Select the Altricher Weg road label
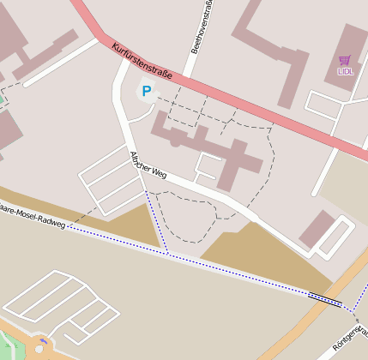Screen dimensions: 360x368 click(147, 165)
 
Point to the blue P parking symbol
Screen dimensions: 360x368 click(146, 90)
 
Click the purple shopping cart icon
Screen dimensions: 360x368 click(345, 60)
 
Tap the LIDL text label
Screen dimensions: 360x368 click(345, 71)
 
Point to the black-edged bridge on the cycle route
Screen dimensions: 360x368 click(324, 298)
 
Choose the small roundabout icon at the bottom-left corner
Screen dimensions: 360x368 click(41, 345)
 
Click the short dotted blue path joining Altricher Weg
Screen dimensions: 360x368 click(156, 221)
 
